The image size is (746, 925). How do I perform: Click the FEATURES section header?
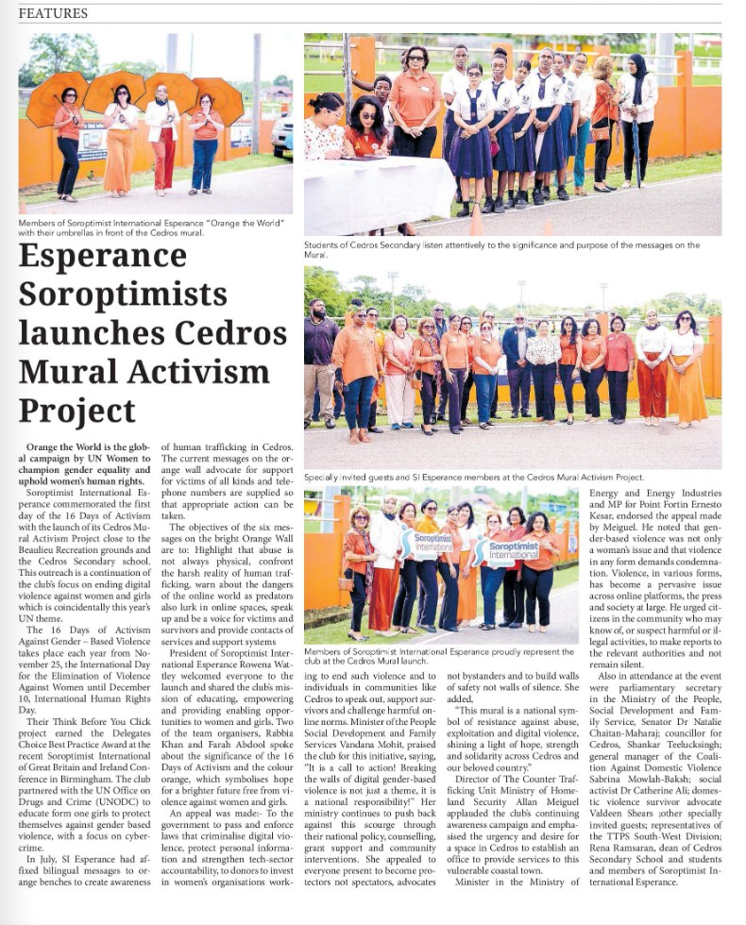pos(53,13)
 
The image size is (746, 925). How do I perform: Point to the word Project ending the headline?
pos(77,411)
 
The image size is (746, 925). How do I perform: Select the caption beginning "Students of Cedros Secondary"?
pos(500,250)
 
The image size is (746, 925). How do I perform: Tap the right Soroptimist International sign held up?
pos(511,548)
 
